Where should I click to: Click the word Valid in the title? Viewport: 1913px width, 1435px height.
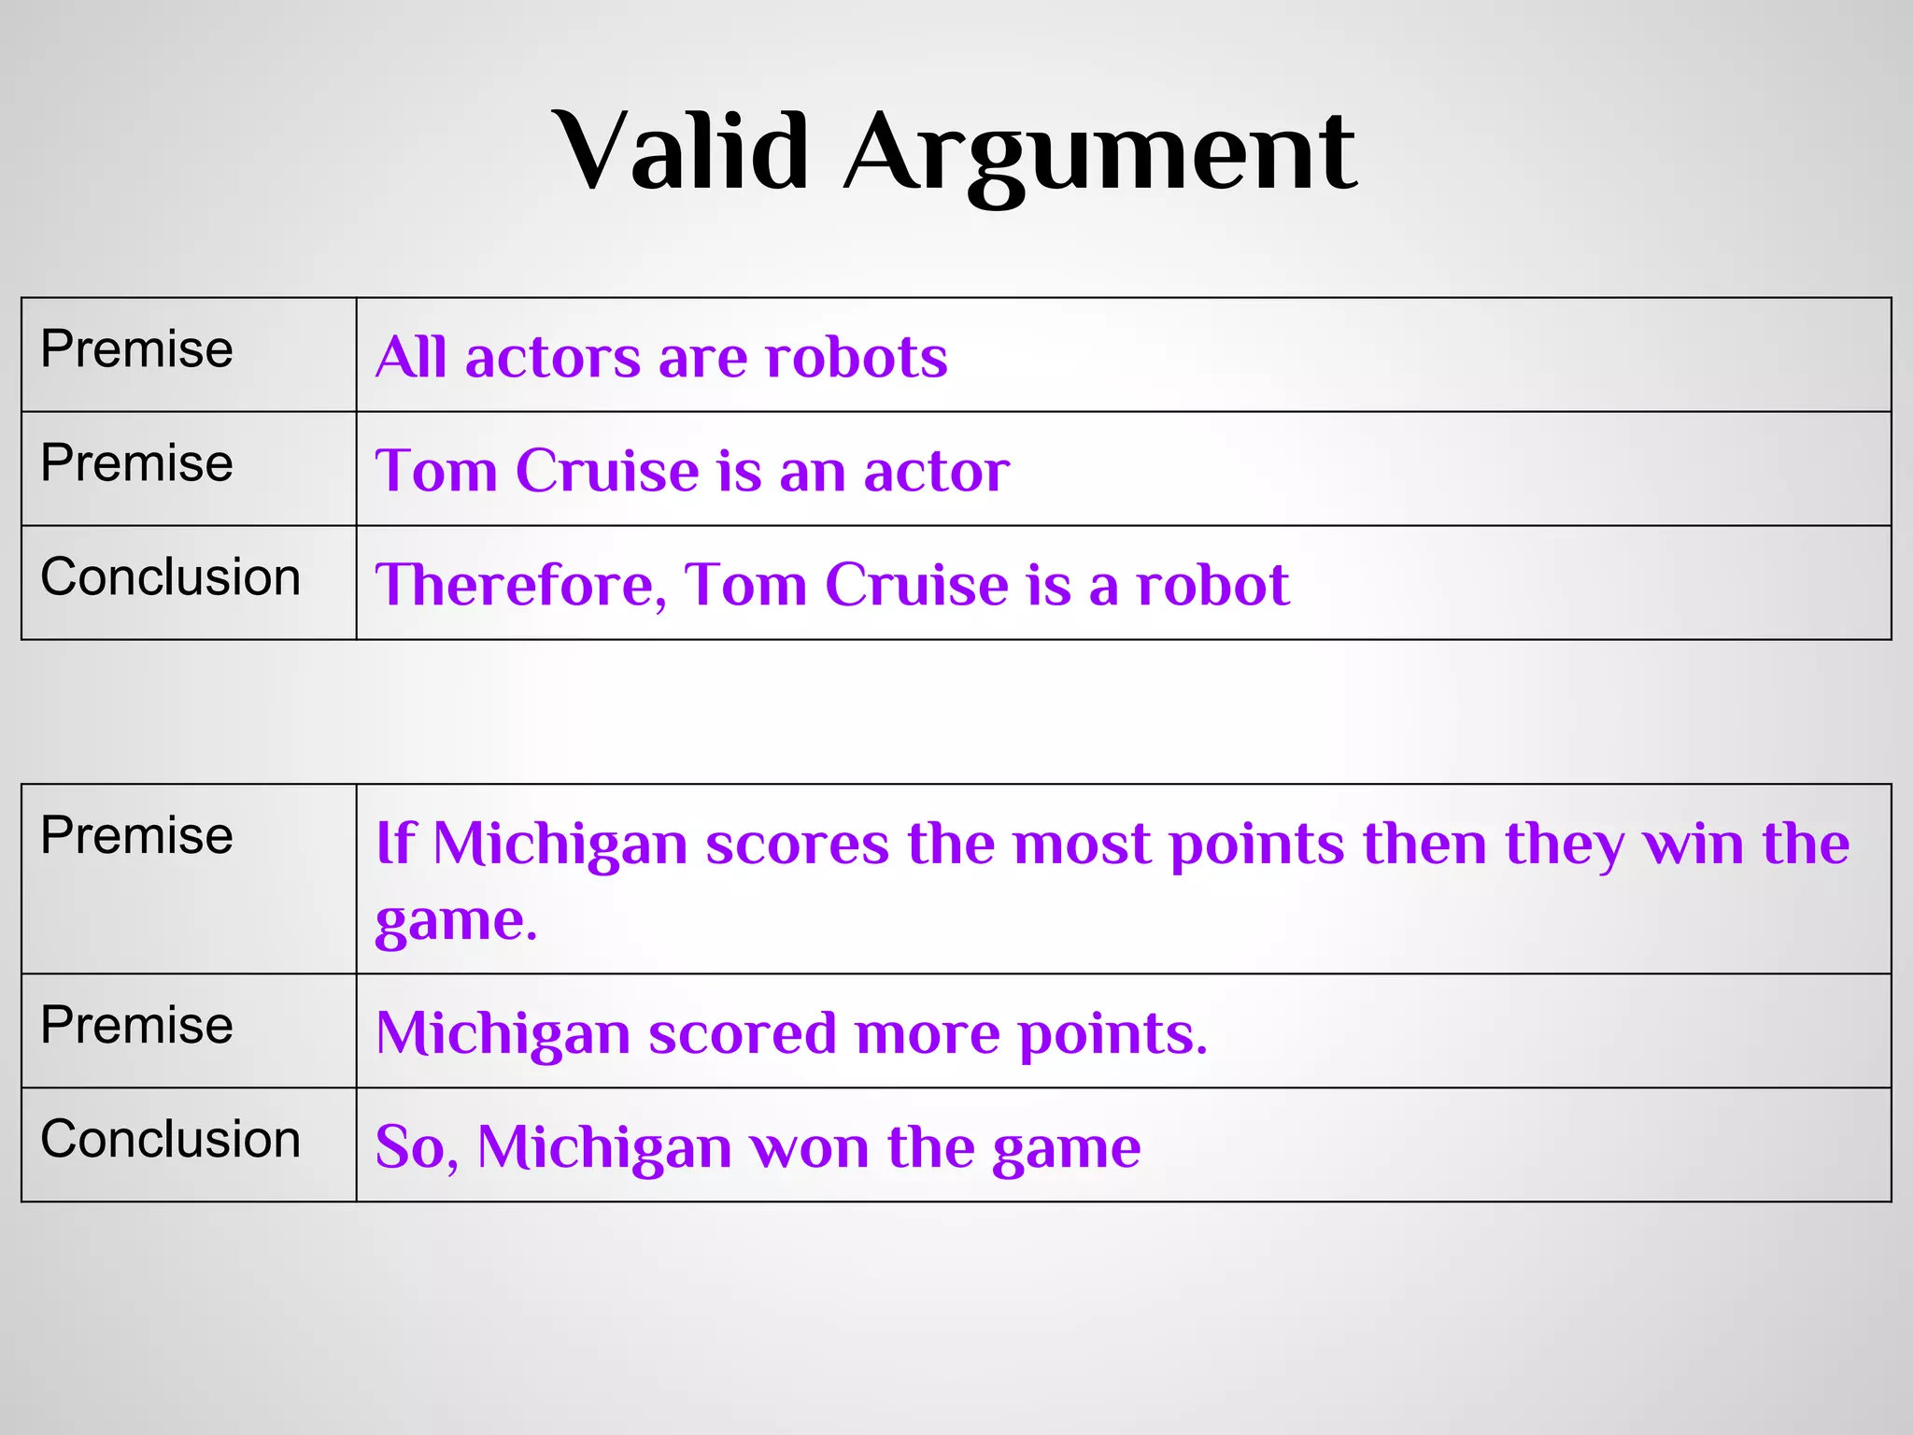(x=681, y=151)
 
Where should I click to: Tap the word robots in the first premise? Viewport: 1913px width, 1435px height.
(x=856, y=357)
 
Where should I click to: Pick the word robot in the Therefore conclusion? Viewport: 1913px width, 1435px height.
(x=1212, y=585)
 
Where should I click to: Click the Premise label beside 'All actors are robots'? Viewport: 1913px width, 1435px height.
(x=136, y=349)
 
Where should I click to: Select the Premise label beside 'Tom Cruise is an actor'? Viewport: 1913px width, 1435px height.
(x=136, y=463)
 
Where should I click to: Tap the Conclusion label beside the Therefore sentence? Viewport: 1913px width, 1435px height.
(x=170, y=577)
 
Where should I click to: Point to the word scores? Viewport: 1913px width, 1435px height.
(x=797, y=843)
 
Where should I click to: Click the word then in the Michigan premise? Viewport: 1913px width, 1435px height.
(x=1424, y=843)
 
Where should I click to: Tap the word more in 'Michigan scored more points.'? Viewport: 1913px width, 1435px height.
(x=927, y=1033)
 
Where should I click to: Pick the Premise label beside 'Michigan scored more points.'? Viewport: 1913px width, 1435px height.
(x=136, y=1026)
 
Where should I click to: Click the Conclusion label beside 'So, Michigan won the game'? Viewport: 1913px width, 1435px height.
(x=170, y=1140)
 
